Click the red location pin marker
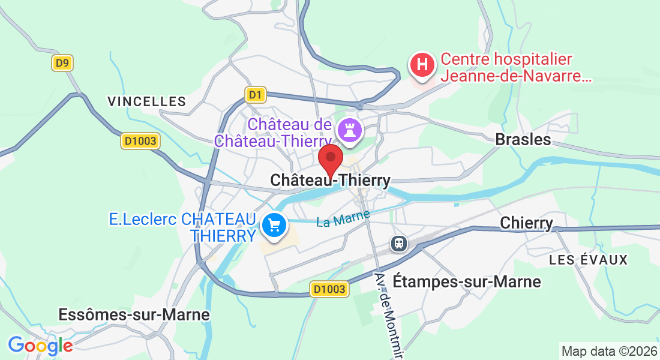(330, 158)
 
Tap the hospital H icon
(422, 64)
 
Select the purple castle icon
(350, 128)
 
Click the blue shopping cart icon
(275, 226)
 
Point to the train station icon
(398, 243)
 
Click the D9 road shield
(62, 63)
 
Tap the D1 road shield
(256, 95)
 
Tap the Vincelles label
(147, 101)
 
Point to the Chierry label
(526, 223)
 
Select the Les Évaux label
(588, 260)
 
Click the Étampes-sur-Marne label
(466, 281)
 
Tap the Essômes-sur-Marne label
(134, 314)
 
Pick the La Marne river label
(343, 218)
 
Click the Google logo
(40, 346)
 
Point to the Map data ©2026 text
(608, 351)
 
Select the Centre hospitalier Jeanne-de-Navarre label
(515, 68)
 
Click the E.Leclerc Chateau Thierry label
(182, 227)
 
